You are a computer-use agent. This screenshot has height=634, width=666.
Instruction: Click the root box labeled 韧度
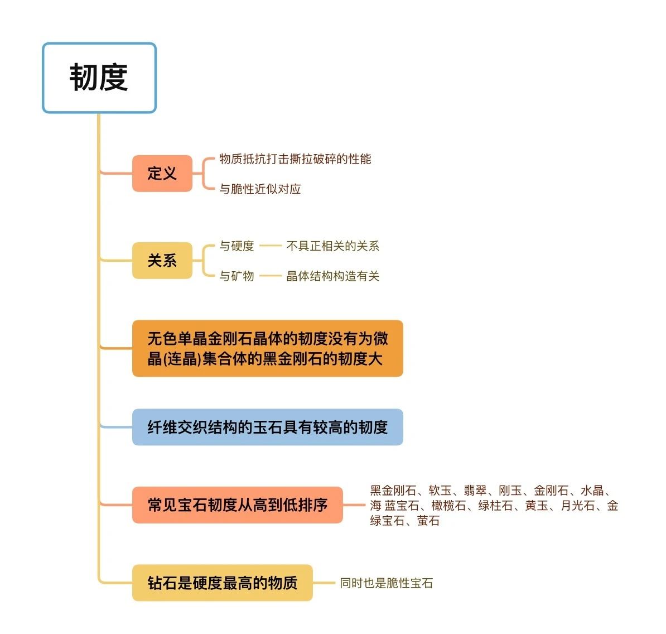[x=99, y=78]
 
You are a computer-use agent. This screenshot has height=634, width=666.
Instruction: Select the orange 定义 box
[x=162, y=174]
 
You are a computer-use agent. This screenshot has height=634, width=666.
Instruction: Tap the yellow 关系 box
[x=162, y=261]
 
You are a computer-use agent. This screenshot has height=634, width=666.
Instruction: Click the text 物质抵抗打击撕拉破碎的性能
[x=295, y=159]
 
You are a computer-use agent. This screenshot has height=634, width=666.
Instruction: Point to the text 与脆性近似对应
[x=260, y=189]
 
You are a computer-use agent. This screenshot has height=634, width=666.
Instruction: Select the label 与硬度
[x=237, y=246]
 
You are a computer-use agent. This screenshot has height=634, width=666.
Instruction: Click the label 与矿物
[x=237, y=276]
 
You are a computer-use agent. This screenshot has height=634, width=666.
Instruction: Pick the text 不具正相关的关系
[x=333, y=246]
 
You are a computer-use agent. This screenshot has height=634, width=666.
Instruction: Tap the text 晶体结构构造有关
[x=333, y=276]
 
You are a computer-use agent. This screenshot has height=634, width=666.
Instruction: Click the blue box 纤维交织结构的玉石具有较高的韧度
[x=268, y=427]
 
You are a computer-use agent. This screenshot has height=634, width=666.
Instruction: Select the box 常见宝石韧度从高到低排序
[x=238, y=505]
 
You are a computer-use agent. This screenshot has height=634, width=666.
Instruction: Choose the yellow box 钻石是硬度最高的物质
[x=223, y=583]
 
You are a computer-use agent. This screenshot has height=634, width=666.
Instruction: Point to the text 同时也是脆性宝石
[x=386, y=583]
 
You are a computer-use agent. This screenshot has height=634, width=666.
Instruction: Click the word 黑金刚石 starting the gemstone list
[x=393, y=491]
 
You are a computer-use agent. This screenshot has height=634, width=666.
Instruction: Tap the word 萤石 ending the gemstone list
[x=428, y=520]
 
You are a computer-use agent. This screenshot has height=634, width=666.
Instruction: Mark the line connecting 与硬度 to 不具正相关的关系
[x=271, y=246]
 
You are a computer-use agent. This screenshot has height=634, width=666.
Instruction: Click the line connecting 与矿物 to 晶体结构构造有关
[x=271, y=276]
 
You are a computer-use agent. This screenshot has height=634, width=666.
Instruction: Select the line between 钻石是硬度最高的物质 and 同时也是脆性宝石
[x=324, y=583]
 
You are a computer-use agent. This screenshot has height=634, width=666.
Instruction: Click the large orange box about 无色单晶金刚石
[x=268, y=348]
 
